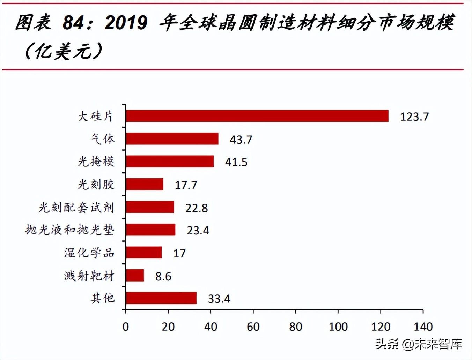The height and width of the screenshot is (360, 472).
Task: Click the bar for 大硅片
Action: pyautogui.click(x=257, y=116)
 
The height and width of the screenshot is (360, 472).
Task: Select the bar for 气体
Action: pyautogui.click(x=172, y=138)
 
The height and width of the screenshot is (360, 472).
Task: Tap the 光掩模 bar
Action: pyautogui.click(x=170, y=162)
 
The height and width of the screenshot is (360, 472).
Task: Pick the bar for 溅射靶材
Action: pyautogui.click(x=135, y=275)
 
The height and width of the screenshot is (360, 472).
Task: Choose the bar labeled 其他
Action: pyautogui.click(x=161, y=298)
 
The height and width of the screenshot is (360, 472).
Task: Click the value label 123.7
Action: pyautogui.click(x=414, y=117)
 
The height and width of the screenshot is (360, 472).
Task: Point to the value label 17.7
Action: pyautogui.click(x=186, y=185)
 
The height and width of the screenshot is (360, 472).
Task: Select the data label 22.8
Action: pyautogui.click(x=197, y=208)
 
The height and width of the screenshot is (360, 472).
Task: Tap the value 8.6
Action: pyautogui.click(x=163, y=277)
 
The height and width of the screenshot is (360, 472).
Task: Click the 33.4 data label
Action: pyautogui.click(x=219, y=299)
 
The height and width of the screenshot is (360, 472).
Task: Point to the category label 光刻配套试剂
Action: pyautogui.click(x=76, y=208)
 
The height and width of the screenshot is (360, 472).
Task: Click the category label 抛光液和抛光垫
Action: pyautogui.click(x=70, y=230)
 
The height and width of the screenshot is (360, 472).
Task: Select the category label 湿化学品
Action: pyautogui.click(x=89, y=253)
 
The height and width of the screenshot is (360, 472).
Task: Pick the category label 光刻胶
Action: pyautogui.click(x=96, y=185)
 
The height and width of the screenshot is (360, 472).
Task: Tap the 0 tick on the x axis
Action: pyautogui.click(x=126, y=327)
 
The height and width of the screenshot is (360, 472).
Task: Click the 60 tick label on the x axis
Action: pyautogui.click(x=253, y=327)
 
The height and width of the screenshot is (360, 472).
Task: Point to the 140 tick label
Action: pyautogui.click(x=423, y=327)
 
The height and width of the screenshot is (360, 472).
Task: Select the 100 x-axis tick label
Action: pyautogui.click(x=338, y=327)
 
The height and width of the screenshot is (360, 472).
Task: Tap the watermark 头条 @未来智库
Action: pyautogui.click(x=419, y=344)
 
